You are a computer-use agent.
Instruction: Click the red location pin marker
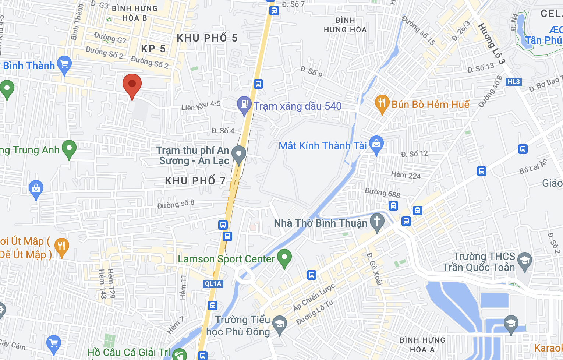132,84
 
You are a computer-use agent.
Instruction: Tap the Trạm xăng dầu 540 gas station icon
244,105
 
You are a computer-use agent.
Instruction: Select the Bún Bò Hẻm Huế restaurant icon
382,104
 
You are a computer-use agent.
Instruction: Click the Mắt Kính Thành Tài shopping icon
376,144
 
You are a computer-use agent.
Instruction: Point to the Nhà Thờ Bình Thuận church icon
377,222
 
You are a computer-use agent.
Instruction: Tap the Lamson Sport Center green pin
284,258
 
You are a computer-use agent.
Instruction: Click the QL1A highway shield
213,284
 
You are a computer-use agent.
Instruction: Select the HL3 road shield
513,82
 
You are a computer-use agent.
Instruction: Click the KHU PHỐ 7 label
195,181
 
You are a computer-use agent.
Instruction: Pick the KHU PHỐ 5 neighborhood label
207,38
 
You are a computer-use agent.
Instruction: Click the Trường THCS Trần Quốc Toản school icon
524,261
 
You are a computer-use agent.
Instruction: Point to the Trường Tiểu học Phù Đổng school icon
280,325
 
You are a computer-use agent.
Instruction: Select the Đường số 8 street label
176,204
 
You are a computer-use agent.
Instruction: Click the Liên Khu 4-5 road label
201,106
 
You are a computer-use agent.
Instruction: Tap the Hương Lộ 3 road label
491,43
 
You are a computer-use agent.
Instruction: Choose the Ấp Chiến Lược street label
314,297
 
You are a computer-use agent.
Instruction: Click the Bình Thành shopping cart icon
64,65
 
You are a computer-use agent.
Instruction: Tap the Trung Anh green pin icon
69,149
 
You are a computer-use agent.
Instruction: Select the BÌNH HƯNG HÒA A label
422,345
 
